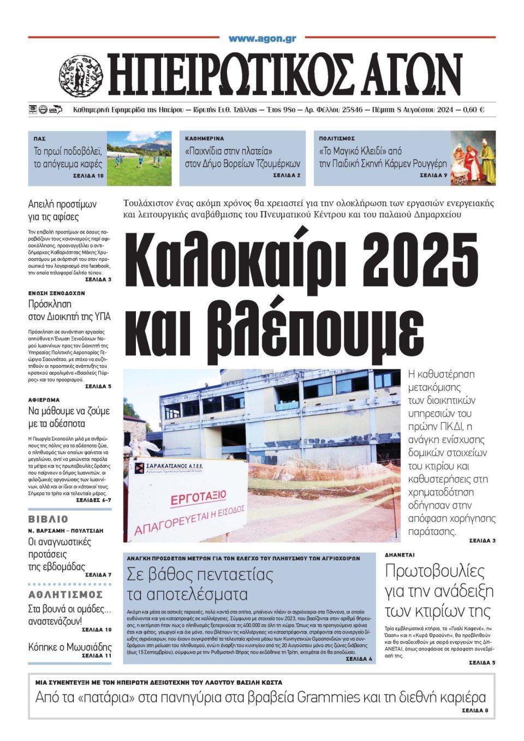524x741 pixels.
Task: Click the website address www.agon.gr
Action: click(262, 39)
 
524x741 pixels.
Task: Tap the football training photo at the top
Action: click(139, 158)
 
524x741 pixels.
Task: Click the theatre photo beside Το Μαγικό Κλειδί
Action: click(473, 158)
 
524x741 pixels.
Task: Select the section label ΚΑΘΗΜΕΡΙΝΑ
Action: click(205, 139)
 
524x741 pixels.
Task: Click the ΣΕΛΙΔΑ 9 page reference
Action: click(433, 176)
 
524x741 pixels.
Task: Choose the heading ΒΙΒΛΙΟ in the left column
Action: click(49, 519)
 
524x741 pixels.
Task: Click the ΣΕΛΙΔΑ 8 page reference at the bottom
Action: click(475, 711)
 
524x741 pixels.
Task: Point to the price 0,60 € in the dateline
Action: click(473, 110)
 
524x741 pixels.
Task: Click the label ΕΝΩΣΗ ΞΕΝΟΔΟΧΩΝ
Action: click(57, 293)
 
